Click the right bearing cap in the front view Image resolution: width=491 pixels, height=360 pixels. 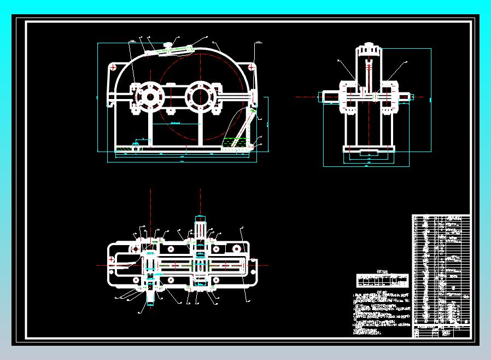pyautogui.click(x=200, y=97)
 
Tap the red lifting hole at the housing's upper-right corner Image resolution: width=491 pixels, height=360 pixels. pyautogui.click(x=250, y=67)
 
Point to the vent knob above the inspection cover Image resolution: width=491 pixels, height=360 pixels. pyautogui.click(x=169, y=43)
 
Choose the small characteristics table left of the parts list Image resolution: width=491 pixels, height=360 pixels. pyautogui.click(x=382, y=281)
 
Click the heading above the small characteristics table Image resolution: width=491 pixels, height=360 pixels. pyautogui.click(x=382, y=271)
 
